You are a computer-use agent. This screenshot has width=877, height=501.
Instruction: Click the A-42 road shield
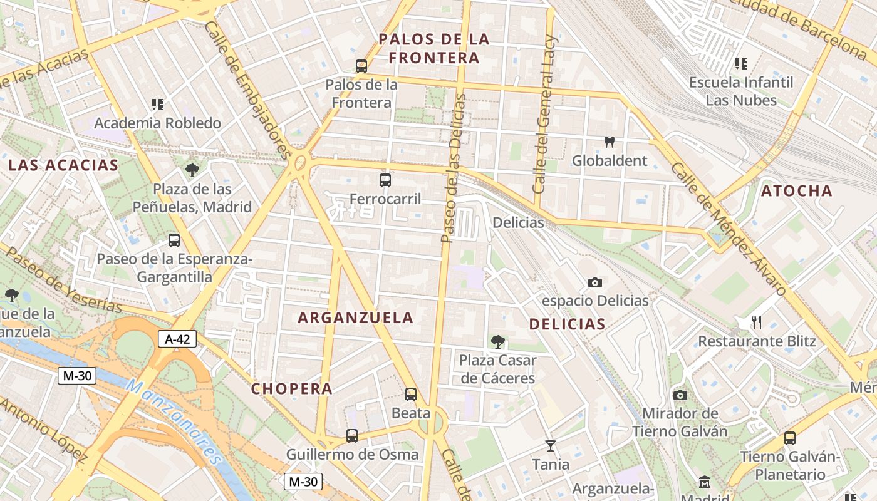click(177, 339)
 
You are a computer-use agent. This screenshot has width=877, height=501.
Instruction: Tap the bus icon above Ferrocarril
click(385, 180)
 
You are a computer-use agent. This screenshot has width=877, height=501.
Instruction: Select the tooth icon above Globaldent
click(609, 142)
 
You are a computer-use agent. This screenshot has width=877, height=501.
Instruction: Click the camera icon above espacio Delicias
click(595, 283)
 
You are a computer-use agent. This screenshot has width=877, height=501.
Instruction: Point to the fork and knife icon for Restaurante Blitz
click(757, 323)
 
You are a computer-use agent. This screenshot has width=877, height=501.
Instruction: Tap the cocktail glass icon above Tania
click(551, 446)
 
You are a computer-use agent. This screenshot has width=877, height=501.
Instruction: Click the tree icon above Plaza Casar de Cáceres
click(498, 342)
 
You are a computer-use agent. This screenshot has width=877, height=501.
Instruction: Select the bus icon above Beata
click(411, 395)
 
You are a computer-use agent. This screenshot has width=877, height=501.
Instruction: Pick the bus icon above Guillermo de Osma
click(352, 435)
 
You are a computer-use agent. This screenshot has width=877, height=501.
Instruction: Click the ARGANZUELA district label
click(355, 318)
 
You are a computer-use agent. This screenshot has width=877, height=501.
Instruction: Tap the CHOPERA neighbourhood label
click(292, 389)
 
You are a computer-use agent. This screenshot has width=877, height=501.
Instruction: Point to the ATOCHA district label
click(797, 191)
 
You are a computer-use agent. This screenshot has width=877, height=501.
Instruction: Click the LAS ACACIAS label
click(63, 165)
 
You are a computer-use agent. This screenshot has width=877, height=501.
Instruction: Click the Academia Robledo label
click(157, 123)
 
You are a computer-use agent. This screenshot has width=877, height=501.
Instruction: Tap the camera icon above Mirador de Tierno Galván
click(680, 395)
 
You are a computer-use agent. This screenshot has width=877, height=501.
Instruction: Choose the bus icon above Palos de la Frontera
click(361, 66)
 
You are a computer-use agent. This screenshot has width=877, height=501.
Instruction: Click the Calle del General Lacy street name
click(544, 114)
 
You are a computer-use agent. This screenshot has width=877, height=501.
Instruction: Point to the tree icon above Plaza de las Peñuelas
click(192, 170)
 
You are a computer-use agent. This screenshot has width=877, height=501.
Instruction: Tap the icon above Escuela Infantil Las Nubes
click(741, 63)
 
